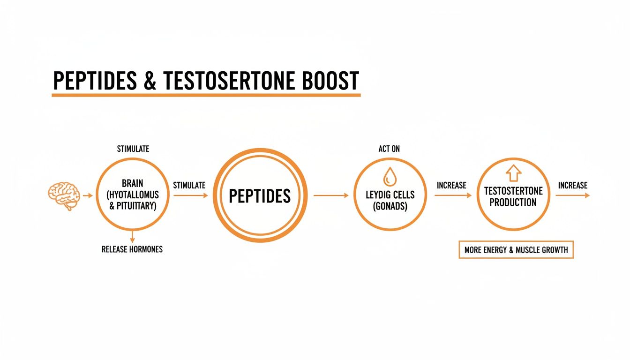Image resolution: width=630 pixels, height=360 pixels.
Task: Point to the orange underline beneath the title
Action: pyautogui.click(x=206, y=95)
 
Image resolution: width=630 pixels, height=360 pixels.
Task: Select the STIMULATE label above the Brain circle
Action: pyautogui.click(x=133, y=149)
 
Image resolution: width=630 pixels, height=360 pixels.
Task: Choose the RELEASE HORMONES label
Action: pyautogui.click(x=132, y=249)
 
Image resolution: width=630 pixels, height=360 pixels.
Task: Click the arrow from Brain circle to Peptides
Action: pyautogui.click(x=190, y=195)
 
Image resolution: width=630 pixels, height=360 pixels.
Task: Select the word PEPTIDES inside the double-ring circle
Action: pyautogui.click(x=260, y=195)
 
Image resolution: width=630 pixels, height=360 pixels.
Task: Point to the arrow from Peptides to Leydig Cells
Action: pyautogui.click(x=331, y=195)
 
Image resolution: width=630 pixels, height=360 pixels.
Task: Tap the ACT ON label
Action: pyautogui.click(x=389, y=149)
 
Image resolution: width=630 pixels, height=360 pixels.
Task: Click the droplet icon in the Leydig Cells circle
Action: pyautogui.click(x=390, y=177)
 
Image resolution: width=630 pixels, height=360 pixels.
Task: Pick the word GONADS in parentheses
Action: pyautogui.click(x=390, y=206)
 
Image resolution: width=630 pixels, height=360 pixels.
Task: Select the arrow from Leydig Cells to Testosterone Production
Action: pyautogui.click(x=453, y=195)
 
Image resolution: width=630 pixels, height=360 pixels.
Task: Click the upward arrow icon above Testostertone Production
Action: pyautogui.click(x=513, y=173)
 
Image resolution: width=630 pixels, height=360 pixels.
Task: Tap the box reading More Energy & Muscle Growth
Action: pyautogui.click(x=516, y=250)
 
